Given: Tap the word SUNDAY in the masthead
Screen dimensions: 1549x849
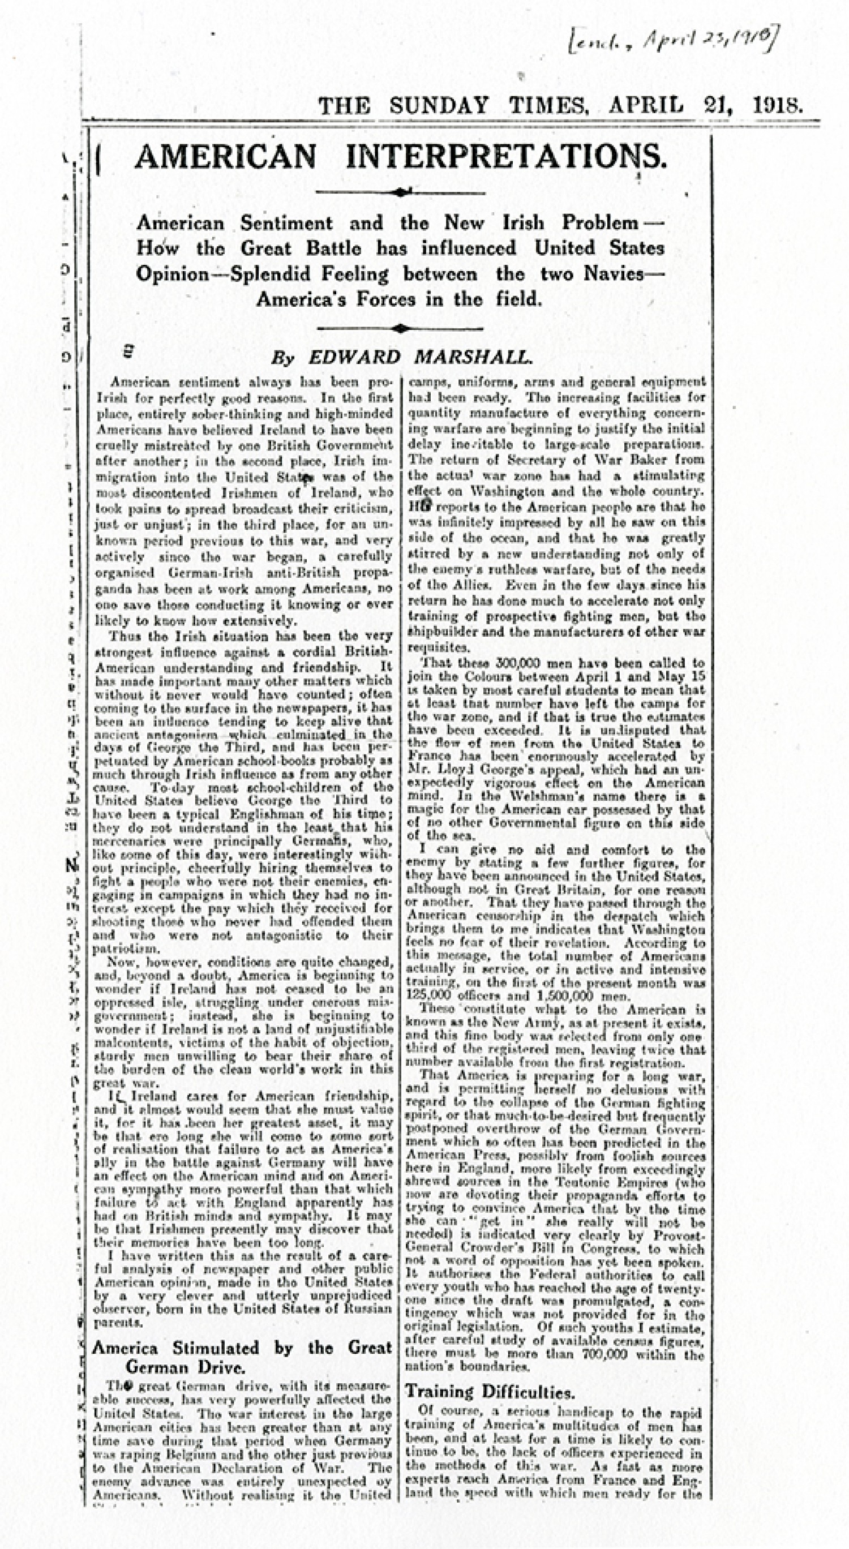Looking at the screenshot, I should tap(438, 106).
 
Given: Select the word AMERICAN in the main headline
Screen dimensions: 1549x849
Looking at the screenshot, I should tap(225, 157).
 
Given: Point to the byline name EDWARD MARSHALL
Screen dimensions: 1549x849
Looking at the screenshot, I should tap(421, 358).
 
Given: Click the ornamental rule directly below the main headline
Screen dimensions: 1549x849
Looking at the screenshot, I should tap(401, 192).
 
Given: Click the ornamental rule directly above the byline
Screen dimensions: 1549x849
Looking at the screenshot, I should tap(401, 328).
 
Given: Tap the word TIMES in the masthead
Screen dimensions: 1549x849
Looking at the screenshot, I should tap(548, 106).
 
